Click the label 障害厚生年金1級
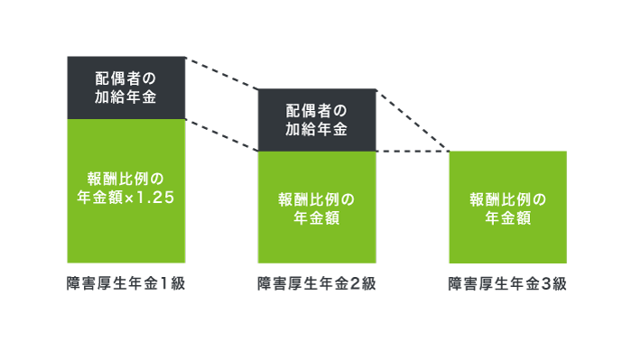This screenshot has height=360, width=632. [126, 283]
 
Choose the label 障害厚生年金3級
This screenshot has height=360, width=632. [507, 283]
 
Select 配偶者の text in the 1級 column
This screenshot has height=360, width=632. [126, 78]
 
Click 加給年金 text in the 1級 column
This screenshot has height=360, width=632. [126, 97]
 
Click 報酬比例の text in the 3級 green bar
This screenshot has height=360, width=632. [507, 198]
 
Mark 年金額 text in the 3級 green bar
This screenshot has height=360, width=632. [507, 218]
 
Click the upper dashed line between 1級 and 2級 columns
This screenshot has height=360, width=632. [222, 73]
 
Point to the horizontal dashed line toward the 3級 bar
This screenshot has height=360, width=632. [412, 152]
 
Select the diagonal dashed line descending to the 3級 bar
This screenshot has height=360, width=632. [412, 120]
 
